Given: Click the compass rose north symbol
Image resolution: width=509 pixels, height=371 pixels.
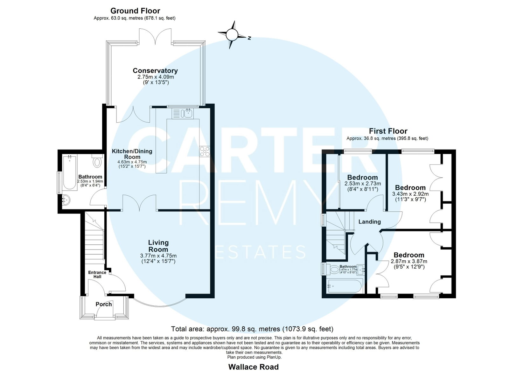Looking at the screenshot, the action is [x=232, y=35].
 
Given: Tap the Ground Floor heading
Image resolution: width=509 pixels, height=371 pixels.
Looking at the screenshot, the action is [x=135, y=11].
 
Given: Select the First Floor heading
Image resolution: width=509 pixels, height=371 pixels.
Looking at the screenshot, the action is [x=388, y=131].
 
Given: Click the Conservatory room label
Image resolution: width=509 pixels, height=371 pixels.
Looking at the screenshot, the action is [x=155, y=70].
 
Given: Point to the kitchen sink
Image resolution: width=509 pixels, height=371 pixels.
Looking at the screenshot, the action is [x=183, y=113].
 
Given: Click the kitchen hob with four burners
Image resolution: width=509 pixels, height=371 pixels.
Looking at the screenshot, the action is [x=205, y=152].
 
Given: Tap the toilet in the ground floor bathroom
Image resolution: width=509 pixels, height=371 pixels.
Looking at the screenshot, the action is [x=97, y=161].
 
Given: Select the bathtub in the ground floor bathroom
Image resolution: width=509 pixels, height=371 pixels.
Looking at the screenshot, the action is [x=70, y=172].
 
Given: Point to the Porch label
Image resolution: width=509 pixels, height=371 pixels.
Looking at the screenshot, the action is [x=104, y=304].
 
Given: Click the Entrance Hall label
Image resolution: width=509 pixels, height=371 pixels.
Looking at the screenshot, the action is [x=97, y=274].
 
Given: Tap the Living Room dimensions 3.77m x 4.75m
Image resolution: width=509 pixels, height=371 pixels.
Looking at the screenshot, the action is [x=158, y=256].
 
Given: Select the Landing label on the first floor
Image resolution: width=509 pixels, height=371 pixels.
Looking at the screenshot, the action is [x=370, y=222].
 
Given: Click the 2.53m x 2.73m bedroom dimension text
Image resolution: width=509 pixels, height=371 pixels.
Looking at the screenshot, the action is [x=363, y=184].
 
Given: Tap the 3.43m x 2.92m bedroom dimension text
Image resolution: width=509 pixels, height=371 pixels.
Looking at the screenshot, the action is [x=410, y=194].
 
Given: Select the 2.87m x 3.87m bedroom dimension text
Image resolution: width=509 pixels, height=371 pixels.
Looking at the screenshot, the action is [x=409, y=261].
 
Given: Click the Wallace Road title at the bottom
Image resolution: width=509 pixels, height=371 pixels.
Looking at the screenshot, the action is [x=253, y=367].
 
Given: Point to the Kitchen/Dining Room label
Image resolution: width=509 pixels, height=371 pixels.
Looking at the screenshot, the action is [x=132, y=154].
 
